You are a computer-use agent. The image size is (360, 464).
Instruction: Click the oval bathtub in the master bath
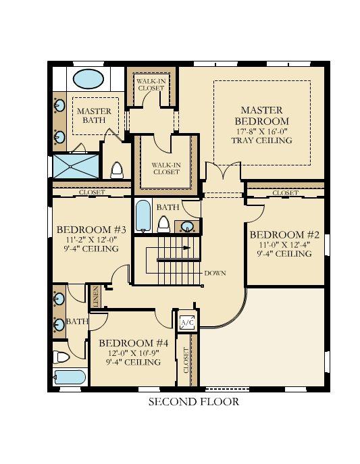point(88,79)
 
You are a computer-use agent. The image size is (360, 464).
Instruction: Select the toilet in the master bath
point(116,169)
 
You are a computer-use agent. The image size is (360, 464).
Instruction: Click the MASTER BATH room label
point(93,115)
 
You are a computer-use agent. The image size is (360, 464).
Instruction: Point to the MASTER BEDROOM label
point(261,115)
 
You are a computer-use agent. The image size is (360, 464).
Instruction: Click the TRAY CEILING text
point(261,140)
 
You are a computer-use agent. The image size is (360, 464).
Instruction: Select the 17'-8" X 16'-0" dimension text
point(261,131)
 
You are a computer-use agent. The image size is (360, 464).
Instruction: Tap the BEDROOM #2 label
point(284,234)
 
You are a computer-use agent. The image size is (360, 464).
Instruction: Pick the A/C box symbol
point(187,323)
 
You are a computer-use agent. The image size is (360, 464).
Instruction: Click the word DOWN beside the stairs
point(215,273)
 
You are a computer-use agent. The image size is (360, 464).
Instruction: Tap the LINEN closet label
point(97,296)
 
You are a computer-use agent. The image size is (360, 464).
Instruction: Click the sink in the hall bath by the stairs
point(187,226)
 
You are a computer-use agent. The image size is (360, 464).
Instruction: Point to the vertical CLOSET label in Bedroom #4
point(186,361)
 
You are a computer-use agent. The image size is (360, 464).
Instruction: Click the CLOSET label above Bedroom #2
point(285,193)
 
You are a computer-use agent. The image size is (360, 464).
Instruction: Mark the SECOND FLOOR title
point(193,402)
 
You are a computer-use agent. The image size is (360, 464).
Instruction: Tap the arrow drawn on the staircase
point(184,248)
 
